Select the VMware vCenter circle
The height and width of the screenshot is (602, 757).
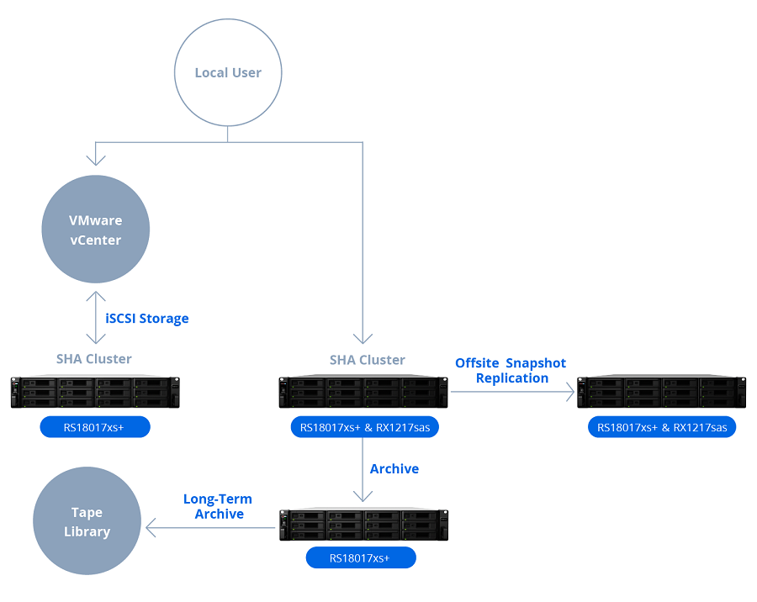96,230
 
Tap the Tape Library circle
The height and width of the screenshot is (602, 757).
87,521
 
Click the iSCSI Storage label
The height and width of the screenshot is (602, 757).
146,319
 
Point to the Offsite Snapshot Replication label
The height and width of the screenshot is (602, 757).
511,370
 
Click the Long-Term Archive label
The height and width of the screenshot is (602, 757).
218,506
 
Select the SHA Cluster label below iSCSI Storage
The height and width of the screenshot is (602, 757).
94,359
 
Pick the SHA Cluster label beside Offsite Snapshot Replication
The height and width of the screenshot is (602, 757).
368,360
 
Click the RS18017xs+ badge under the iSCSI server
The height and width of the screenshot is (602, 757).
95,427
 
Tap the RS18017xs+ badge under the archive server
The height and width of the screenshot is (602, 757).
361,558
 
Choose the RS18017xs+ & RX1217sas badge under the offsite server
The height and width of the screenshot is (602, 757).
662,427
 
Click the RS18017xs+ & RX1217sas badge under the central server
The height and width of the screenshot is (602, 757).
364,427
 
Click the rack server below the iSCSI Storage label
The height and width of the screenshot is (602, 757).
95,392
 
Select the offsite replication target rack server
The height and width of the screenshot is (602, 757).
661,392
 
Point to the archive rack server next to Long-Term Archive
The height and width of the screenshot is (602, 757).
364,525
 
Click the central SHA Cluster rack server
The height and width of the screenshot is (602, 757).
363,392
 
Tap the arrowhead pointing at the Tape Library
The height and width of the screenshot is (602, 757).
151,528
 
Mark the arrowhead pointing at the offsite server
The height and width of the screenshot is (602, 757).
570,392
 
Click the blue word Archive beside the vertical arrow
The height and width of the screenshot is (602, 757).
394,469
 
